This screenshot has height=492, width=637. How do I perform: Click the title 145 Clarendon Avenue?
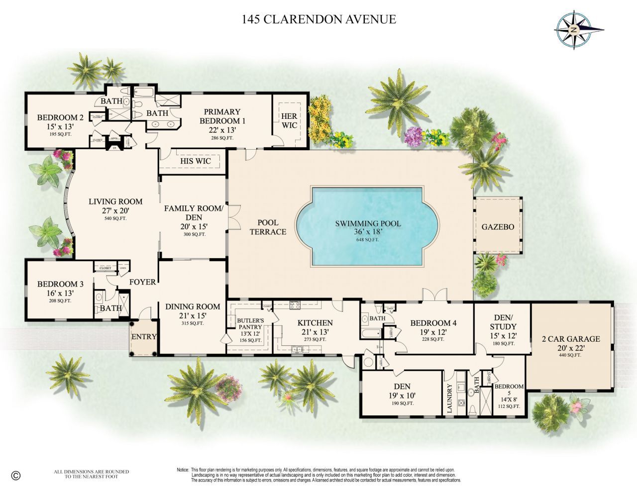(318, 19)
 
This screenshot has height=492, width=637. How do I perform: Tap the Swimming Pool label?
(367, 223)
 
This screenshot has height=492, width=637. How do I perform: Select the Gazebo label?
(498, 227)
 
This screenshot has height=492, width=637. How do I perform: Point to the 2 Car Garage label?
(570, 339)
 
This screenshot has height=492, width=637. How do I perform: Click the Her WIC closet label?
(289, 121)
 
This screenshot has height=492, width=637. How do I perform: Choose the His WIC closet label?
(195, 161)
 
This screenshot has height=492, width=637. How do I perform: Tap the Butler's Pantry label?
(250, 324)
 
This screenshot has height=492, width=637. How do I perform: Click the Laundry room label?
(450, 398)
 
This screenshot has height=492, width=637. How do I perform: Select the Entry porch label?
(144, 337)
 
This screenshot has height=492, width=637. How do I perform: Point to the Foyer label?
(142, 282)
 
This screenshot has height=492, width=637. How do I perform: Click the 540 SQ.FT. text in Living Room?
(115, 218)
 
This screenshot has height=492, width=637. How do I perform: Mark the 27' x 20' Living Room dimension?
(115, 210)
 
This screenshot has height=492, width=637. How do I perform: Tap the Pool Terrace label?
(268, 227)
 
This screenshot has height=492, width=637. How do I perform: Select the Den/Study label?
(503, 322)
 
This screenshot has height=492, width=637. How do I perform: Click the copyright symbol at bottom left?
(15, 475)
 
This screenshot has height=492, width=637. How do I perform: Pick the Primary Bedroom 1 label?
(222, 116)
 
